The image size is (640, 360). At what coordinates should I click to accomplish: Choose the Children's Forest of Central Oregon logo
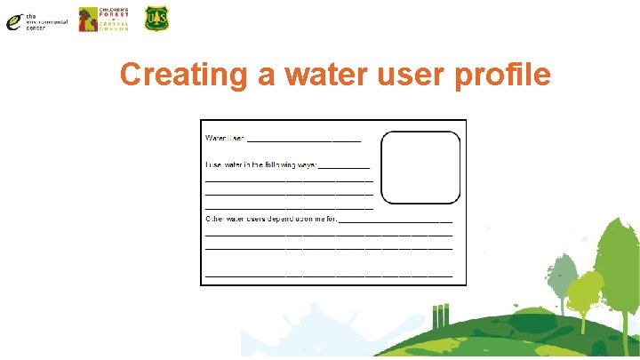[x=103, y=19]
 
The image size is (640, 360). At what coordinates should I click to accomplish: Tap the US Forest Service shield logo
[x=156, y=19]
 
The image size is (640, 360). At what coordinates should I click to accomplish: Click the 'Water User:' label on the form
[x=225, y=138]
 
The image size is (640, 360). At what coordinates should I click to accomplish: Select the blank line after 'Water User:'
[x=304, y=140]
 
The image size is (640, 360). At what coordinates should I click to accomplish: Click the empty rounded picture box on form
[x=420, y=169]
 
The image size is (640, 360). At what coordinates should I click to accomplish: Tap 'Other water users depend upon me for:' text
[x=271, y=218]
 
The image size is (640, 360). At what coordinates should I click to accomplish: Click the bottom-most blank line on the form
[x=329, y=276]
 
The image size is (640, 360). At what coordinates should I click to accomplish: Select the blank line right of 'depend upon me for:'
[x=396, y=220]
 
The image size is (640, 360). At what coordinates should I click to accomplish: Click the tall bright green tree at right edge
[x=619, y=267]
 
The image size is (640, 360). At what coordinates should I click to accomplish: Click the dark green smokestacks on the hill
[x=439, y=316]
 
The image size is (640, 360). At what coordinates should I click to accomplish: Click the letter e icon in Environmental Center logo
[x=13, y=23]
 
